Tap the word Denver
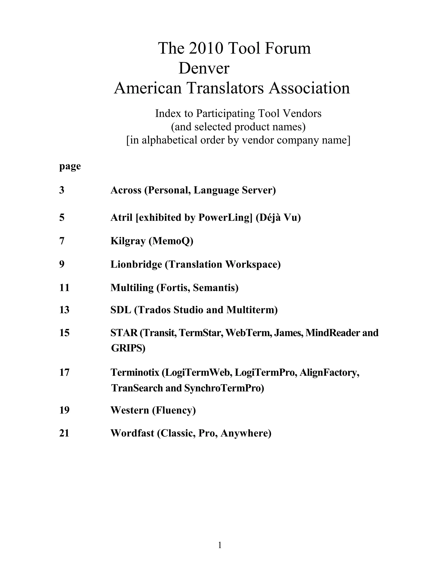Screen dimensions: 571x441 [204, 68]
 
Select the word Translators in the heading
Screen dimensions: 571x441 [225, 88]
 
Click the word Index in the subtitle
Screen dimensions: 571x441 [165, 114]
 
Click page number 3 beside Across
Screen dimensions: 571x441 [62, 190]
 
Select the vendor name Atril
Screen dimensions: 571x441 [121, 217]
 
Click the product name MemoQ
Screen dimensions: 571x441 [171, 241]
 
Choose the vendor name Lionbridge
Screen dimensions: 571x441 [136, 264]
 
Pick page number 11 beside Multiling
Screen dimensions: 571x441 [64, 288]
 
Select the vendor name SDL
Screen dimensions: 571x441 [121, 310]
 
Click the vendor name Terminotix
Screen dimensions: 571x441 [135, 372]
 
